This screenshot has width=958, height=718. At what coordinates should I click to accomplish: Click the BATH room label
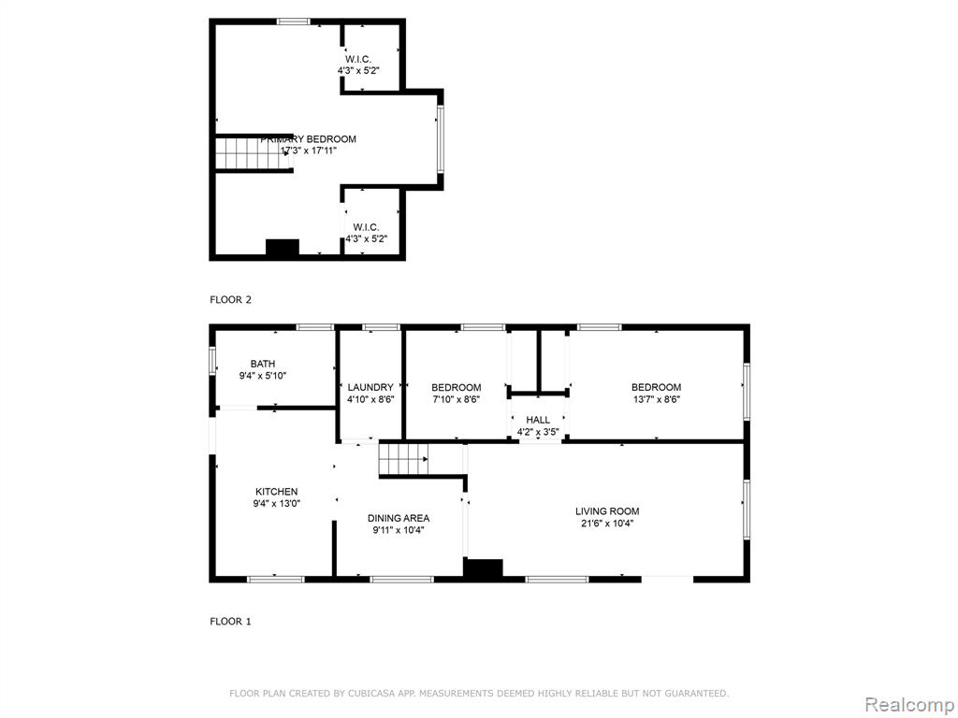point(263,364)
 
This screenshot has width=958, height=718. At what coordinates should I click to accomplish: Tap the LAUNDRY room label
point(370,387)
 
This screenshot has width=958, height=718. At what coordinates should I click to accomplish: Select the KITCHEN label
point(276,492)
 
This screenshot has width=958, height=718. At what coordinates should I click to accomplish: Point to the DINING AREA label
point(399,518)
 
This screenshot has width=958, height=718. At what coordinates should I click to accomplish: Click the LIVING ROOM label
point(607,511)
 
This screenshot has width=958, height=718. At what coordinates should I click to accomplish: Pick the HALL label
point(538,420)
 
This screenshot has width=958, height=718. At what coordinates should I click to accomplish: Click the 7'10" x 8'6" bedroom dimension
point(457,400)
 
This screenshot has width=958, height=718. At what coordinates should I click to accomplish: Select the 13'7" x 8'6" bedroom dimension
point(656,400)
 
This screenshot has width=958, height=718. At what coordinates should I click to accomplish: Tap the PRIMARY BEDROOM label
point(308,139)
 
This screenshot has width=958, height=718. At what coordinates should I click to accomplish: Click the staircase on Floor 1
point(403,459)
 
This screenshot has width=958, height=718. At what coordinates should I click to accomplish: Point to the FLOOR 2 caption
point(230,300)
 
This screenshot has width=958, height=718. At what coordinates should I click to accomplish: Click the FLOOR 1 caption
point(230,622)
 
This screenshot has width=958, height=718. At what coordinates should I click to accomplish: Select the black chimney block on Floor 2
point(283,247)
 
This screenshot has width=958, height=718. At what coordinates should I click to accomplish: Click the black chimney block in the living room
point(484,567)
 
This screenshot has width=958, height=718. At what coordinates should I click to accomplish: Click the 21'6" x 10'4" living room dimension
point(607,524)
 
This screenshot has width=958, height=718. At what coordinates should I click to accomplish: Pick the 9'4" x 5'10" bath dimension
point(263,376)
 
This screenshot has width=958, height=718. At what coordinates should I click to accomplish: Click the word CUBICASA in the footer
point(370,694)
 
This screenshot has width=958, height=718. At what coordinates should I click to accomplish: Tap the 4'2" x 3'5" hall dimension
point(538,432)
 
